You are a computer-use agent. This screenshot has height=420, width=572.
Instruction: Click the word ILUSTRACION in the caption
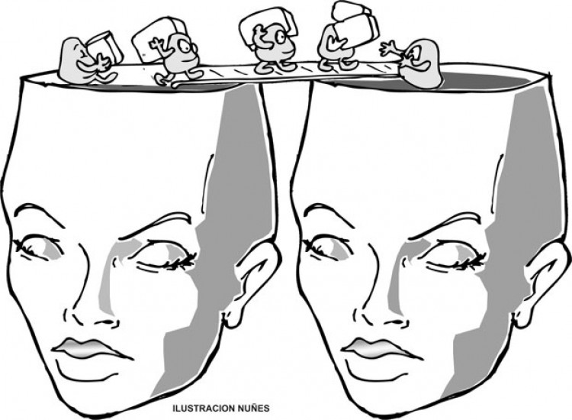(x=204, y=408)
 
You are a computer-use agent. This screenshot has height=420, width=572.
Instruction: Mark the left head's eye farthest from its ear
(x=38, y=248)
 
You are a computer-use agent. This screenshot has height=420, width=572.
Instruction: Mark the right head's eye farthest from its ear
(x=328, y=249)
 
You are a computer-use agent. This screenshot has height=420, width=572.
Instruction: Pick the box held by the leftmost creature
(x=104, y=47)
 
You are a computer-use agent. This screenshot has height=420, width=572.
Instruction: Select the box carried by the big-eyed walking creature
(x=159, y=40)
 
